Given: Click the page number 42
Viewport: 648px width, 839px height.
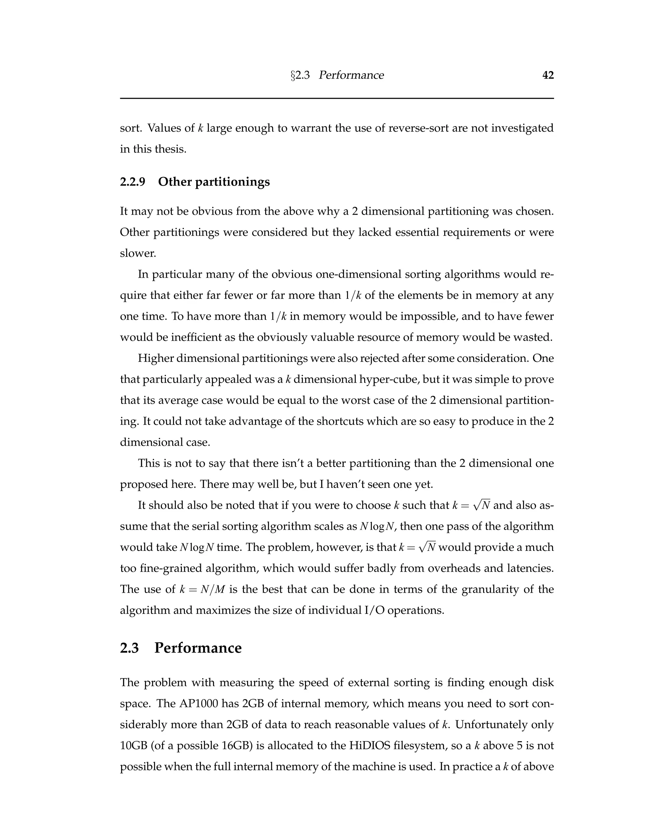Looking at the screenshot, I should [x=548, y=75].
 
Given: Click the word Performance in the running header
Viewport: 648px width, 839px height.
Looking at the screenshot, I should [x=351, y=75].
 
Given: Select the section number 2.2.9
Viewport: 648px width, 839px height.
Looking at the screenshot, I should [x=133, y=182].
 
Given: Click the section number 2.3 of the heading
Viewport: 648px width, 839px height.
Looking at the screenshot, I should [x=129, y=648].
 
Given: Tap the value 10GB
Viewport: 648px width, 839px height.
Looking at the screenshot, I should [x=134, y=746].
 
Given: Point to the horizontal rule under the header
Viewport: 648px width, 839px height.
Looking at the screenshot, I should [x=337, y=98].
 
